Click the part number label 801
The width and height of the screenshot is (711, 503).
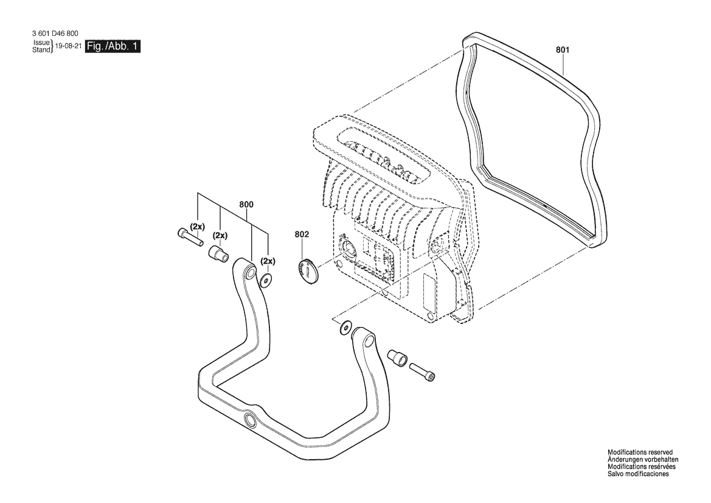pyautogui.click(x=562, y=50)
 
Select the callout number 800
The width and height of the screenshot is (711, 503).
pyautogui.click(x=246, y=205)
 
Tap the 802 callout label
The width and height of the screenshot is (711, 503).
pyautogui.click(x=302, y=234)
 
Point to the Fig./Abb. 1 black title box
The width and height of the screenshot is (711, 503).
pyautogui.click(x=113, y=46)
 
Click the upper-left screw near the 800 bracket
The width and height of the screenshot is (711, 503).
pyautogui.click(x=189, y=236)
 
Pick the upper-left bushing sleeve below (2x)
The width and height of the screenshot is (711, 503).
pyautogui.click(x=218, y=253)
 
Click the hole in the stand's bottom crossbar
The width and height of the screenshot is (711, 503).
pyautogui.click(x=250, y=420)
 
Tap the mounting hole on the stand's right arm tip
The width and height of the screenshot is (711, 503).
pyautogui.click(x=370, y=340)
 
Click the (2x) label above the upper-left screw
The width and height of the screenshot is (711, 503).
pyautogui.click(x=198, y=226)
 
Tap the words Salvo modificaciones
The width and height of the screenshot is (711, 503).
pyautogui.click(x=638, y=474)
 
